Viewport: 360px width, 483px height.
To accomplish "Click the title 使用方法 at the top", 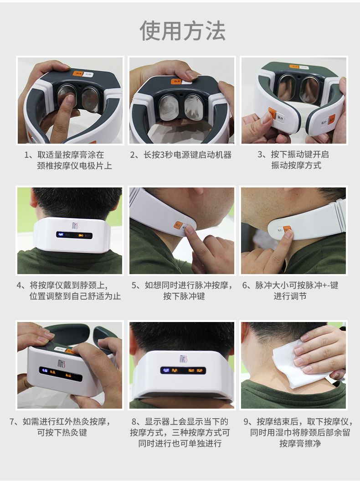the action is click(x=182, y=31).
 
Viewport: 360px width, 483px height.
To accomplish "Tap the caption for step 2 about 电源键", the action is click(x=180, y=155).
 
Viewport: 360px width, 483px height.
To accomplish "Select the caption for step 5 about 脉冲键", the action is click(x=182, y=291).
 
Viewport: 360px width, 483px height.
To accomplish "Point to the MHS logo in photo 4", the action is click(x=75, y=226).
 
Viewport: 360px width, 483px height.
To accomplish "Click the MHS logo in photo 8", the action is click(x=183, y=359).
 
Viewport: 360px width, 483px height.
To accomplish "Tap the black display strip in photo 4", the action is click(x=74, y=235).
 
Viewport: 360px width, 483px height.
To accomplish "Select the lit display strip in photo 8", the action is click(x=183, y=370).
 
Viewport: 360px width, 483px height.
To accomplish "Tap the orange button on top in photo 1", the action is click(x=78, y=73).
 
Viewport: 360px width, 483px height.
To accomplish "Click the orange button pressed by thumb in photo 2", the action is click(x=176, y=81).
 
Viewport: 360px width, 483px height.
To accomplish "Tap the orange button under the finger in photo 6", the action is click(x=288, y=229).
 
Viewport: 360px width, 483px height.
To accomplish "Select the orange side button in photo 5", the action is click(x=178, y=225).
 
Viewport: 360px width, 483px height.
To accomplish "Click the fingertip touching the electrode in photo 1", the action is click(x=69, y=99).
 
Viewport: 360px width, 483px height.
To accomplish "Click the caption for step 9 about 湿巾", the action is click(x=300, y=432).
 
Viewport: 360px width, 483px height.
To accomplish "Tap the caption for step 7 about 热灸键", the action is click(x=60, y=427).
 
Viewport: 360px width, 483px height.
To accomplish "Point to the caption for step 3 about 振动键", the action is click(x=293, y=160).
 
